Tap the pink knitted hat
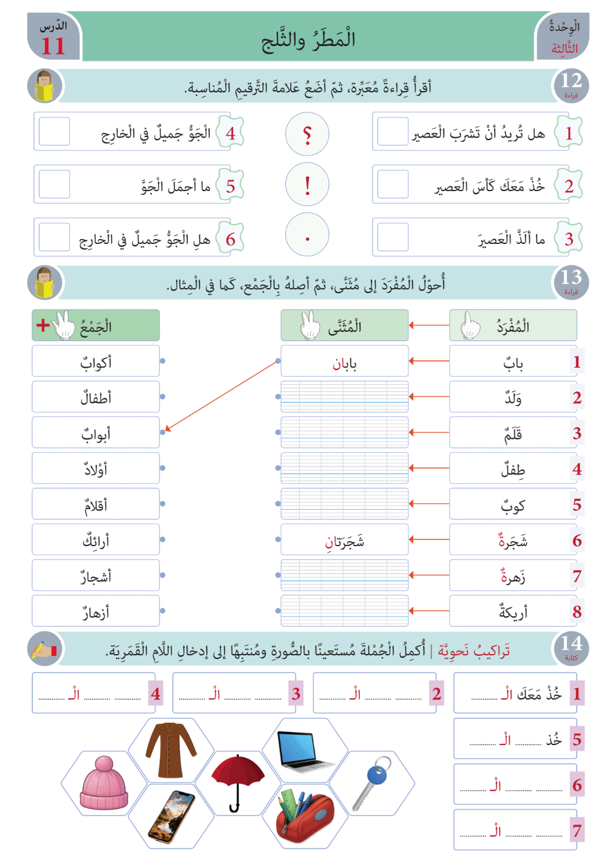104,783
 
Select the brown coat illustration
171,749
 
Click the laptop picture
305,751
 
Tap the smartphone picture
171,816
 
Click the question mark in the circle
307,134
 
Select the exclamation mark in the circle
307,184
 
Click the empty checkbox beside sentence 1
392,132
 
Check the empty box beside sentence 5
54,184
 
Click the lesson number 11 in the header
53,46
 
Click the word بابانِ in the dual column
344,363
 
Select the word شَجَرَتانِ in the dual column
344,541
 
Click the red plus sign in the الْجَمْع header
42,325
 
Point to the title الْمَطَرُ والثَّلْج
308,40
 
